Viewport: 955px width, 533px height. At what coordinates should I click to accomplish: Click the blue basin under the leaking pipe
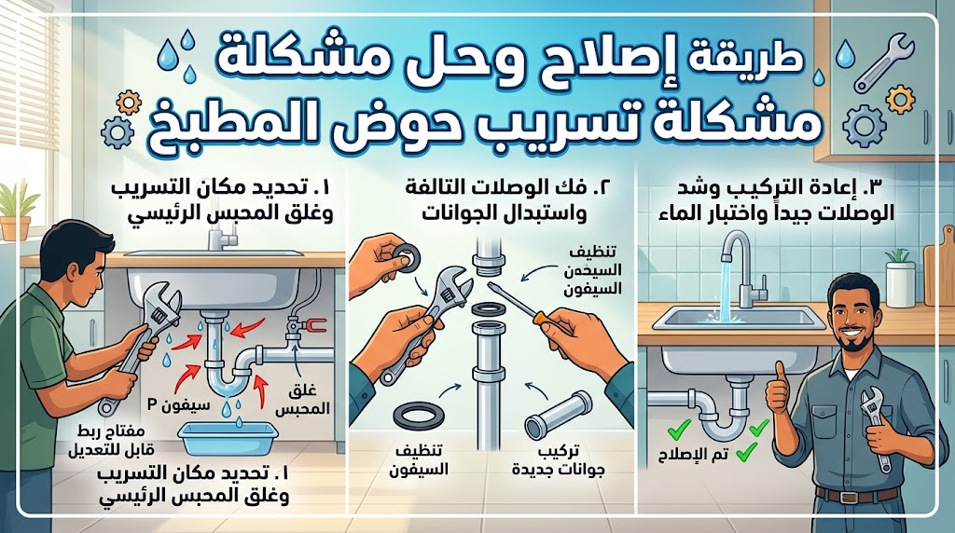(228, 439)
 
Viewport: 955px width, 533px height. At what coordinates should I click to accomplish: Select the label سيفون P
(178, 403)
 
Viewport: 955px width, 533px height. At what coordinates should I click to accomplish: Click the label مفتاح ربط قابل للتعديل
(115, 441)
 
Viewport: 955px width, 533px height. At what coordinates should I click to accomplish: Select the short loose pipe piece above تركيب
(558, 415)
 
